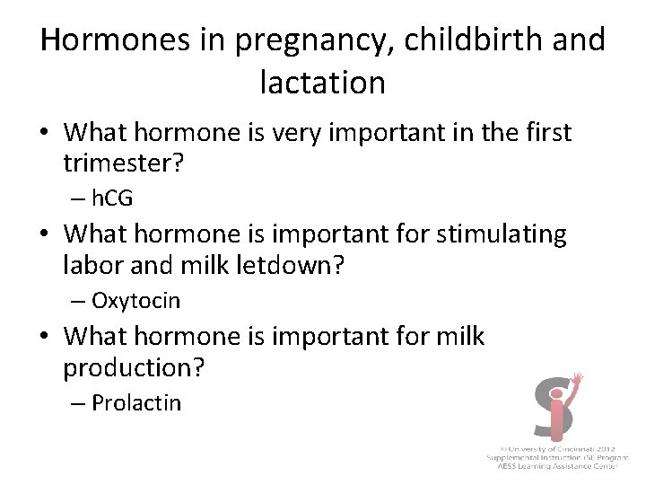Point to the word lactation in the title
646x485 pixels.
click(322, 83)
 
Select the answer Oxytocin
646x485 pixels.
click(135, 300)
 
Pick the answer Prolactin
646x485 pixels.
click(135, 402)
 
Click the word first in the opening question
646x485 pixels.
click(543, 132)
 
